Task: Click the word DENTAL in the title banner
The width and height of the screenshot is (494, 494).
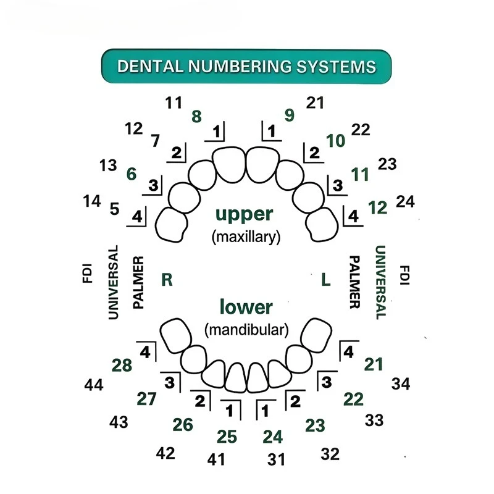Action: (149, 67)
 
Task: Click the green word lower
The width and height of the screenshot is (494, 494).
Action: (246, 307)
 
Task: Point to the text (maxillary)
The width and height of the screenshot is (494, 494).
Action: (246, 237)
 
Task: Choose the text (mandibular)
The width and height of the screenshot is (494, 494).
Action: (246, 330)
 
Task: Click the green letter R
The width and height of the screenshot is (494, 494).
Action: (167, 280)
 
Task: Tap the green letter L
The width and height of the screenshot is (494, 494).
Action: (326, 280)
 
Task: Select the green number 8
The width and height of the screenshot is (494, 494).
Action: (196, 117)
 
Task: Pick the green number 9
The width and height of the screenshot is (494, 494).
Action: (290, 115)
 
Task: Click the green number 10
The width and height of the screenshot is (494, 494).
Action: (335, 141)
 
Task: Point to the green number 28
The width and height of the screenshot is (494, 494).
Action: (122, 366)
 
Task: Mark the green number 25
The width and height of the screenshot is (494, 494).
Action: (227, 437)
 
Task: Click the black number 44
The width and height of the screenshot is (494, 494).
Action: (94, 385)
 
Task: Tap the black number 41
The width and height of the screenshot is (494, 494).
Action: (216, 459)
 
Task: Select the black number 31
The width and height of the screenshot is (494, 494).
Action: (276, 459)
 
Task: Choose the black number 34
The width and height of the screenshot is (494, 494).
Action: (401, 384)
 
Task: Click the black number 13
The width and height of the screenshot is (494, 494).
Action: (108, 165)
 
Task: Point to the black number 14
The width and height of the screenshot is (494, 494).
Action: (91, 201)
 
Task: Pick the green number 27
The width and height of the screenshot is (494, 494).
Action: (146, 399)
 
